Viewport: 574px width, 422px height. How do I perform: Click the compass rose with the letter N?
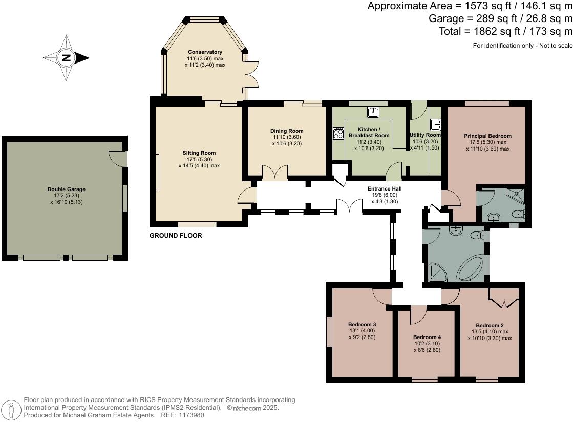pyautogui.click(x=66, y=58)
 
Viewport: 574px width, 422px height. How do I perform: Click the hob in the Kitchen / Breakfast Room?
pyautogui.click(x=338, y=133)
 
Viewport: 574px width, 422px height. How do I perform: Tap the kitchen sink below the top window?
pyautogui.click(x=372, y=111)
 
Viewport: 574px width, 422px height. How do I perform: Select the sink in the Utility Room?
pyautogui.click(x=436, y=124)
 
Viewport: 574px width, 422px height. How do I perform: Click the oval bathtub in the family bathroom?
pyautogui.click(x=472, y=269)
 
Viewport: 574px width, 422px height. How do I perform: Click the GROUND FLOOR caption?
pyautogui.click(x=176, y=236)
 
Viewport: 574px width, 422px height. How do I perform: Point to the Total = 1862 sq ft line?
pyautogui.click(x=505, y=31)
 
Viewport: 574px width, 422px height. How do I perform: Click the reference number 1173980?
pyautogui.click(x=190, y=415)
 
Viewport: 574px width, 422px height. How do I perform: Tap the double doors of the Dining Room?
pyautogui.click(x=274, y=173)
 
